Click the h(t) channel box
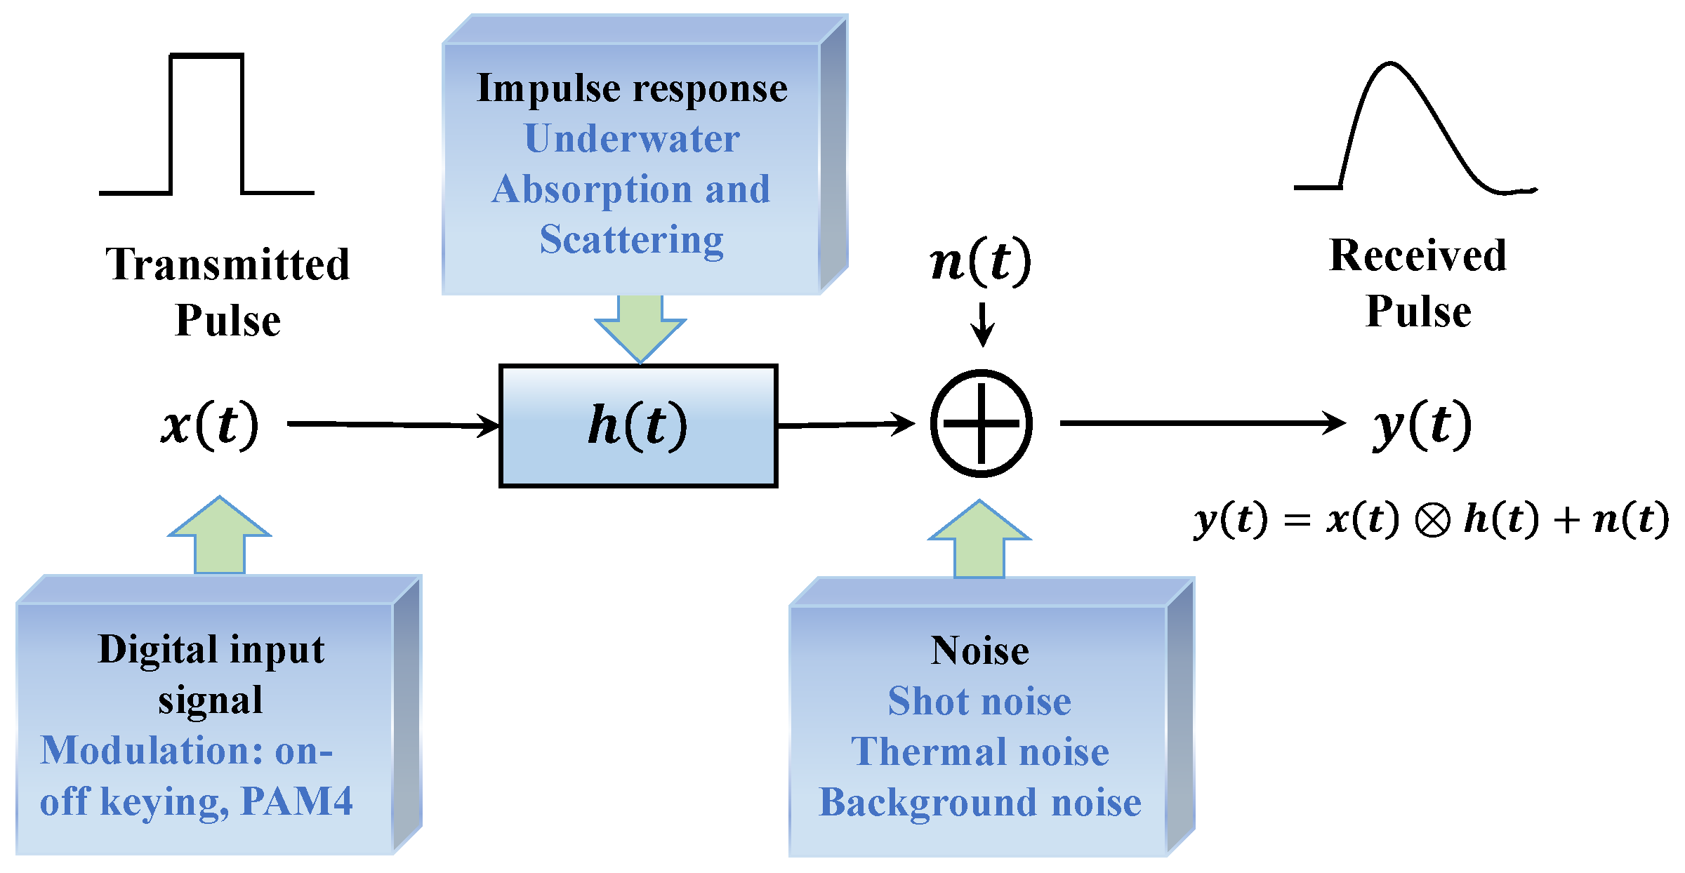(637, 425)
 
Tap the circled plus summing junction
(981, 423)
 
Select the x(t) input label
(210, 424)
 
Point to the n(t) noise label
(980, 260)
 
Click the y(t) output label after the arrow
(1422, 424)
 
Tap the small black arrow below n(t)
(982, 324)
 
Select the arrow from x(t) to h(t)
(393, 424)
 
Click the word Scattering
(631, 240)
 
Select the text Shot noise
(979, 701)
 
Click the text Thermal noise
(979, 752)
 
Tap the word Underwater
(632, 138)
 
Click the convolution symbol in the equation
(1432, 521)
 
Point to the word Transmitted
(227, 265)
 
